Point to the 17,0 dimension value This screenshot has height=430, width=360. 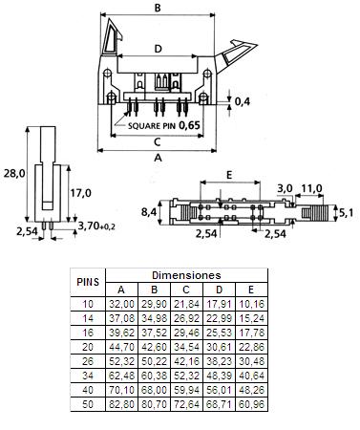pos(81,193)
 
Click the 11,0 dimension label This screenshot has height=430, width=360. pos(310,188)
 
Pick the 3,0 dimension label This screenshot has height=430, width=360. pos(284,188)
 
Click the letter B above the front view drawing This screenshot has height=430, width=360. pos(157,9)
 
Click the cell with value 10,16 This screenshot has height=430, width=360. pos(250,303)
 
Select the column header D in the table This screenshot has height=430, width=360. pos(218,289)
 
